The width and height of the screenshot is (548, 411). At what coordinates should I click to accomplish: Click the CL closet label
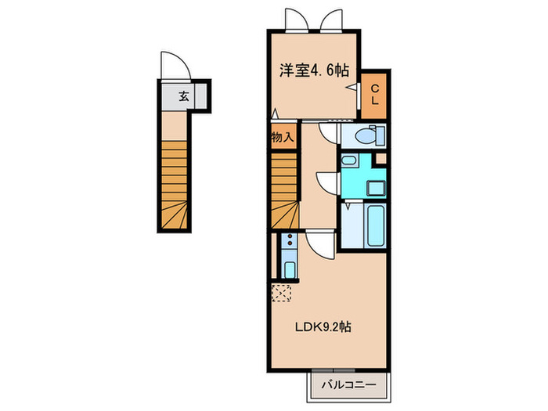(375, 95)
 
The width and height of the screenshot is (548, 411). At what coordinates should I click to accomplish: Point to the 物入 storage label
(283, 137)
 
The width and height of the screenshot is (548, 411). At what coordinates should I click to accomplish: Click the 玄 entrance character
(183, 97)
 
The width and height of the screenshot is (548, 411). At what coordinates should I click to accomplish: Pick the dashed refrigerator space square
(281, 293)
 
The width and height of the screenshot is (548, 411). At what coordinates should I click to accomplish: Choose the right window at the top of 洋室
(331, 20)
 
